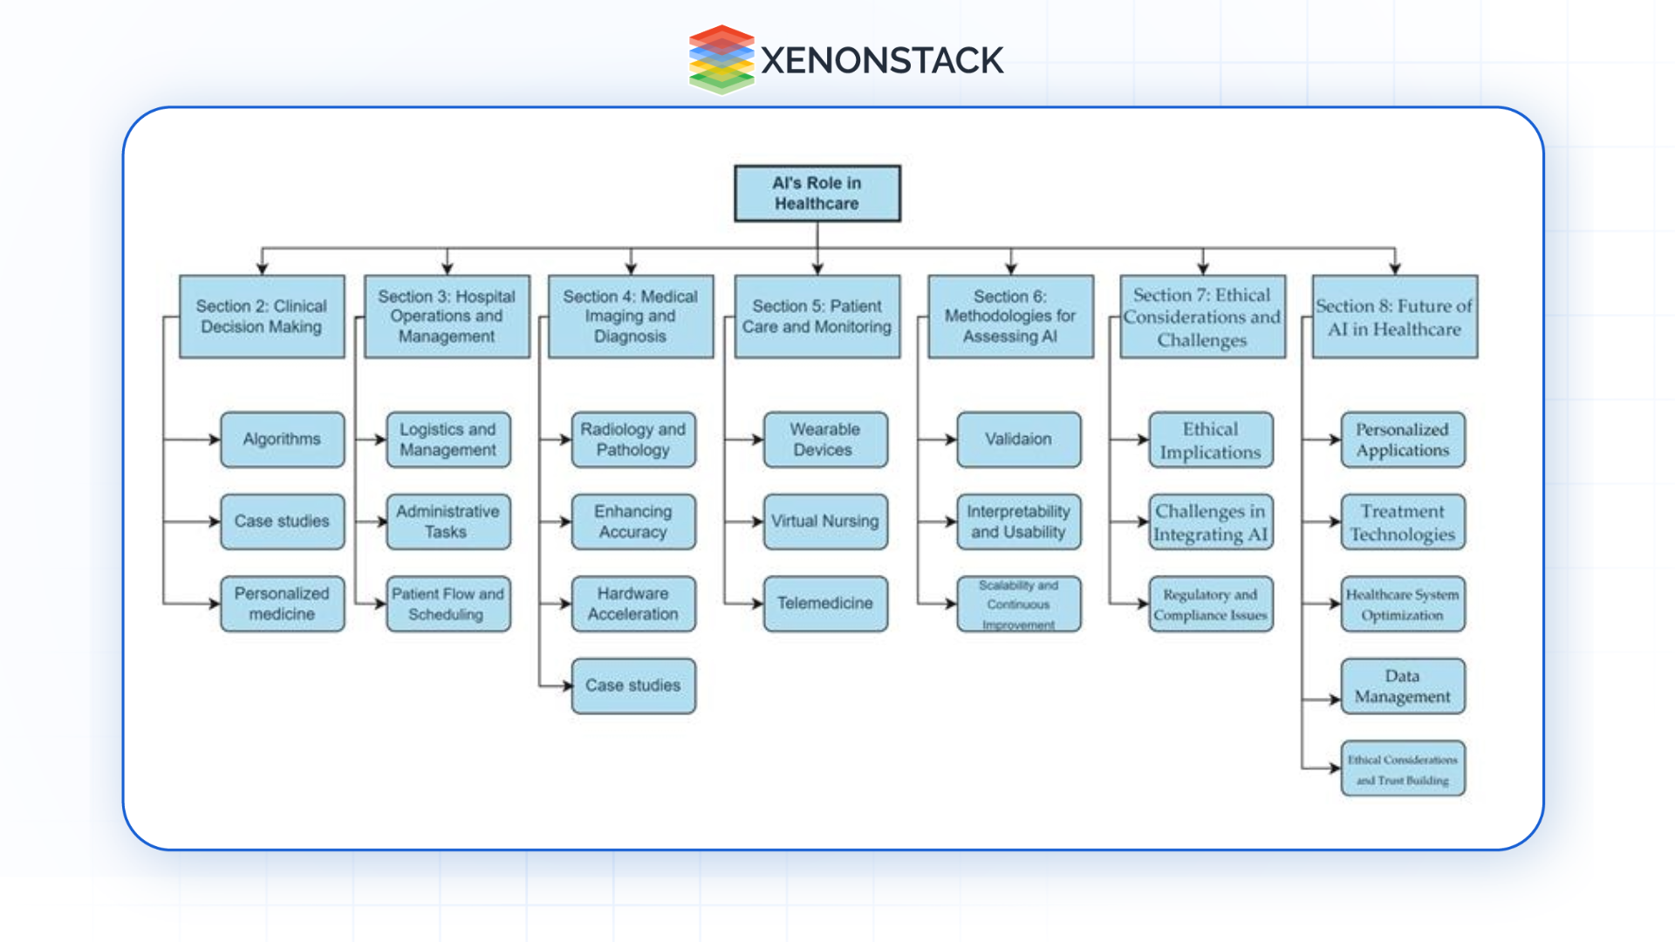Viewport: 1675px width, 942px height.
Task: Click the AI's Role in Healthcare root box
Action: (x=817, y=194)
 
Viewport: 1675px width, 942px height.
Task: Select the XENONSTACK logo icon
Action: (x=721, y=59)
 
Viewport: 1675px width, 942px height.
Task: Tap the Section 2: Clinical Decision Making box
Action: (x=262, y=317)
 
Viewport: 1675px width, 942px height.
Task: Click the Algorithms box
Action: (x=282, y=440)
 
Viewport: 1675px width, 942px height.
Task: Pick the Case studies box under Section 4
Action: (x=633, y=686)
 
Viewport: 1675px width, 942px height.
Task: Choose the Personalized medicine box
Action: (x=282, y=604)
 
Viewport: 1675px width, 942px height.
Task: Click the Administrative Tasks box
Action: (x=448, y=522)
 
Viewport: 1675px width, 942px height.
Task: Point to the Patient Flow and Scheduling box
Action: (x=448, y=604)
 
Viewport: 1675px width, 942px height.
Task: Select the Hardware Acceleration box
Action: (x=633, y=604)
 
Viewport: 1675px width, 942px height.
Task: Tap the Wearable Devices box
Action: (x=824, y=440)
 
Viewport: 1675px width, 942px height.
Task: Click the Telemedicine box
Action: (x=824, y=604)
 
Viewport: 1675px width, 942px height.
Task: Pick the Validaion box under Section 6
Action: (x=1018, y=440)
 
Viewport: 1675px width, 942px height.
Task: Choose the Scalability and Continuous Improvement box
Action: (x=1018, y=604)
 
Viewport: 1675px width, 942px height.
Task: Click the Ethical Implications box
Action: (x=1210, y=440)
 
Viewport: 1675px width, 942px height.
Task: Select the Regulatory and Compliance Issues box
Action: (x=1210, y=604)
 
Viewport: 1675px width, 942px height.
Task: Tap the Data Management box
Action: (x=1402, y=686)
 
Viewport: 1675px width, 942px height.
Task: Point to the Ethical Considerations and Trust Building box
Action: (x=1402, y=768)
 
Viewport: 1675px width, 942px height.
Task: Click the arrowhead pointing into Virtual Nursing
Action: (x=757, y=522)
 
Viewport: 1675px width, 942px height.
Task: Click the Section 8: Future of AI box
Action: (x=1394, y=317)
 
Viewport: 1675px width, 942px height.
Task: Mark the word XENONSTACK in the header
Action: (x=881, y=60)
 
